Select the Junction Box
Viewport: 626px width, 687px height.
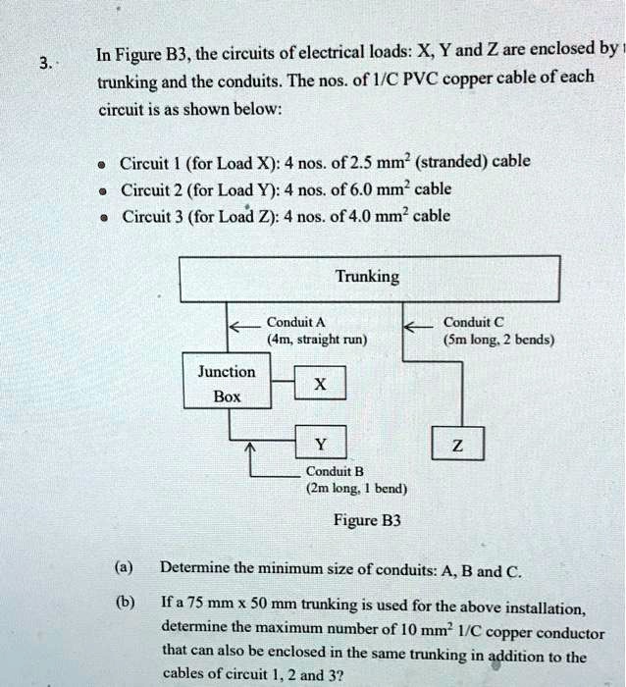(x=226, y=385)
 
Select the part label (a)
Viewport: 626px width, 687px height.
(x=124, y=567)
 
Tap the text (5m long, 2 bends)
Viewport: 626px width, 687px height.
(x=498, y=341)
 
